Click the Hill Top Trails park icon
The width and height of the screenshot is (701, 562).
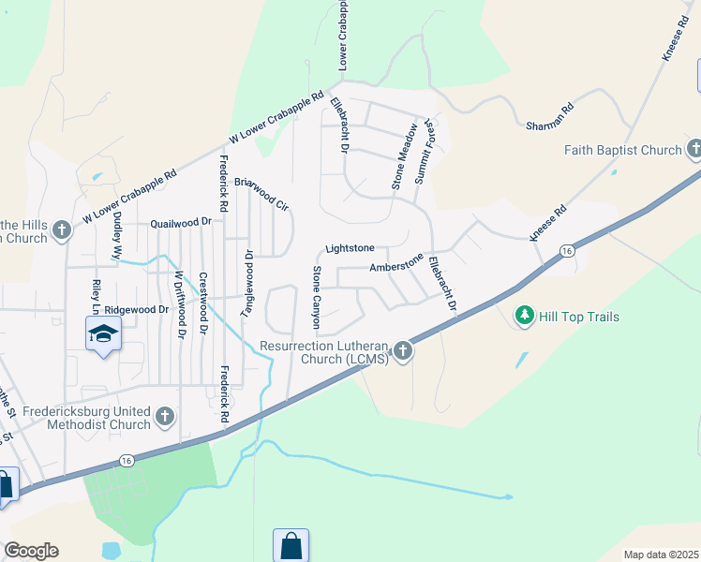tap(525, 317)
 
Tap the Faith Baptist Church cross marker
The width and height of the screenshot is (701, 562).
tap(694, 149)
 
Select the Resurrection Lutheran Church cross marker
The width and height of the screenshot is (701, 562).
tap(403, 351)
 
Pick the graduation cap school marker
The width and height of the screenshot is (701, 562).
tap(103, 333)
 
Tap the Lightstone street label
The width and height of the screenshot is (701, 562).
tap(350, 248)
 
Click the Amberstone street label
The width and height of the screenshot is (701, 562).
tap(396, 266)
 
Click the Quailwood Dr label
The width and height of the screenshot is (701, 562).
tap(182, 224)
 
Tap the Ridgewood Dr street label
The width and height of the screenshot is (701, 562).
tap(136, 308)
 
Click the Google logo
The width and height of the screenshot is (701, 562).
tap(31, 551)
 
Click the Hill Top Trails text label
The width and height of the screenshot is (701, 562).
tap(579, 317)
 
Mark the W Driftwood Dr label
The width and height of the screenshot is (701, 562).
tap(178, 303)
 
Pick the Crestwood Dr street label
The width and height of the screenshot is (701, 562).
tap(202, 304)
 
